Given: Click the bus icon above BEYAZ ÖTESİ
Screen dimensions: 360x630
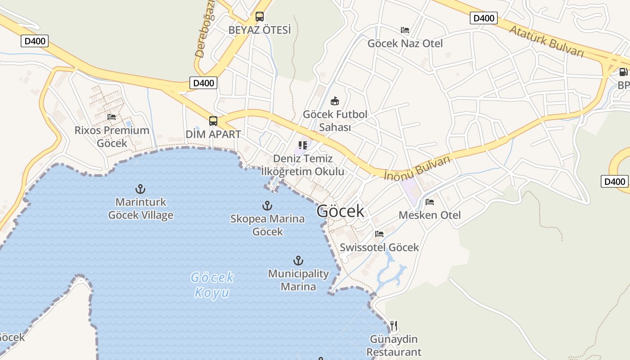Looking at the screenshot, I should (260, 17).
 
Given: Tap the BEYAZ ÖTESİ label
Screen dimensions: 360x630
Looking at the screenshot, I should (260, 30).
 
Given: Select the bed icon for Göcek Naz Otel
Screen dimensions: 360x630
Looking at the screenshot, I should (405, 30).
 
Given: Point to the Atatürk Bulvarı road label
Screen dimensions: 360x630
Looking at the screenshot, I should (547, 40).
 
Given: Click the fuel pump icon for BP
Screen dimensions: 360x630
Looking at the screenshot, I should (623, 72).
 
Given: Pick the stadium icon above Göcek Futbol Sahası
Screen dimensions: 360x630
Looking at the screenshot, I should (335, 101).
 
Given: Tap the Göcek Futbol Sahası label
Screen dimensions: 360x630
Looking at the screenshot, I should (335, 121).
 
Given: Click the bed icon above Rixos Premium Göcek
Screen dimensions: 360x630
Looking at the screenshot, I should (112, 117).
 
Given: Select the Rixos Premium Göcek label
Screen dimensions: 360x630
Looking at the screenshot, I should (112, 137).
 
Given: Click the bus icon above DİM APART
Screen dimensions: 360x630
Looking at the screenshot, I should (213, 121).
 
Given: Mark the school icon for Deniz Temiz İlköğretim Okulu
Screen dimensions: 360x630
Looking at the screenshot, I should (303, 145).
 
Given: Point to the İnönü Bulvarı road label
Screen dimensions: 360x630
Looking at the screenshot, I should (417, 168).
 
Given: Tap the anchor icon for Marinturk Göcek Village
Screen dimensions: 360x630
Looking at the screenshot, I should (140, 189).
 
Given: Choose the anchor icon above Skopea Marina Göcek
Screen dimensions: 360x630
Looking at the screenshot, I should (267, 206).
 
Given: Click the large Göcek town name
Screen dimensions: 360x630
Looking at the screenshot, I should (340, 211).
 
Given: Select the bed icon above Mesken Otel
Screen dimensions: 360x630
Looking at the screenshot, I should (430, 202).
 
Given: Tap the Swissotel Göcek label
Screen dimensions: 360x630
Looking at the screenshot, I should (379, 247).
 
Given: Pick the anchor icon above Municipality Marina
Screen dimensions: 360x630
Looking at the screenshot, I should (298, 261).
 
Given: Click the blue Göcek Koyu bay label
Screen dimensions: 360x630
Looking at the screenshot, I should (212, 285).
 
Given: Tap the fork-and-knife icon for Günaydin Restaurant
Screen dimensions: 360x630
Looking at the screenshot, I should (394, 325).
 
